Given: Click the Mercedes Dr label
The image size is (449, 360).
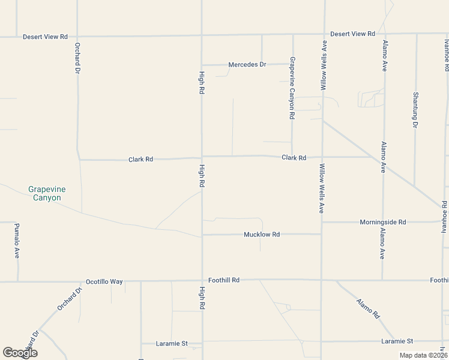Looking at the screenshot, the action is click(x=247, y=64).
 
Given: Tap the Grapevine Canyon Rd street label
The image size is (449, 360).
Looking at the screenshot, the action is click(x=292, y=88).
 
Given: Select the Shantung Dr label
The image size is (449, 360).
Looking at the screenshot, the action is click(x=415, y=110).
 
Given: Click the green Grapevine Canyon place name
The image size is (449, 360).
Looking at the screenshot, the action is click(x=47, y=193).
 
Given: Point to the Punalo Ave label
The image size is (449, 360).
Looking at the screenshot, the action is click(x=17, y=241).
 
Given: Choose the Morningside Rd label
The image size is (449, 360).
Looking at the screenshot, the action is click(x=382, y=222).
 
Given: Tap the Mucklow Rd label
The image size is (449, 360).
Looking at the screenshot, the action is click(x=262, y=234).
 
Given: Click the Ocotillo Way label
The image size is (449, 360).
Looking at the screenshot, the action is click(x=104, y=281).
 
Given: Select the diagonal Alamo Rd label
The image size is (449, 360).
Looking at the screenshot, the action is click(x=368, y=308).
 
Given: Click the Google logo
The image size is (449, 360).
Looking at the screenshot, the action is click(x=20, y=353).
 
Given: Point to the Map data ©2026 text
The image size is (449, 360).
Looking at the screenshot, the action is click(x=423, y=355).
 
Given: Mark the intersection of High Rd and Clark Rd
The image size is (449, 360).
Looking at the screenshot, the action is click(x=202, y=158).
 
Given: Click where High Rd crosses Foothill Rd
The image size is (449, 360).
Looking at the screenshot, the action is click(x=202, y=280).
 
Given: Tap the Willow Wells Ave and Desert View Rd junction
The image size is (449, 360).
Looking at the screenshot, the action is click(x=324, y=34).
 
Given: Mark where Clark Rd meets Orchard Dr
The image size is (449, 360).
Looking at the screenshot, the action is click(x=79, y=160).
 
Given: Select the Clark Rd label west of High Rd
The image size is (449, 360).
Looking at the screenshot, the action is click(x=140, y=160).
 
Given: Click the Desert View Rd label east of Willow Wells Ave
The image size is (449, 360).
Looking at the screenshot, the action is click(x=352, y=34).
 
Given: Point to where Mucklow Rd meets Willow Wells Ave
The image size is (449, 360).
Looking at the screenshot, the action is click(x=322, y=234).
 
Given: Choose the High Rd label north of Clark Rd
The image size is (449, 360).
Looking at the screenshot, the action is click(x=202, y=83).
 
